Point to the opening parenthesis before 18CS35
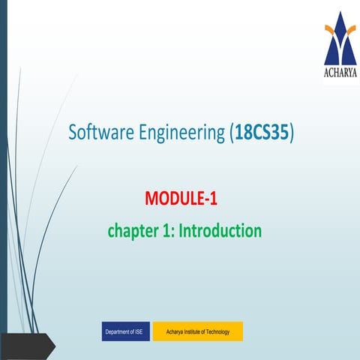[229, 133]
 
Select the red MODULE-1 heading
[181, 199]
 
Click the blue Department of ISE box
[125, 331]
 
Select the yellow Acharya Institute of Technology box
[197, 331]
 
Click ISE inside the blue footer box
[140, 331]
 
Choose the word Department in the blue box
[118, 331]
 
